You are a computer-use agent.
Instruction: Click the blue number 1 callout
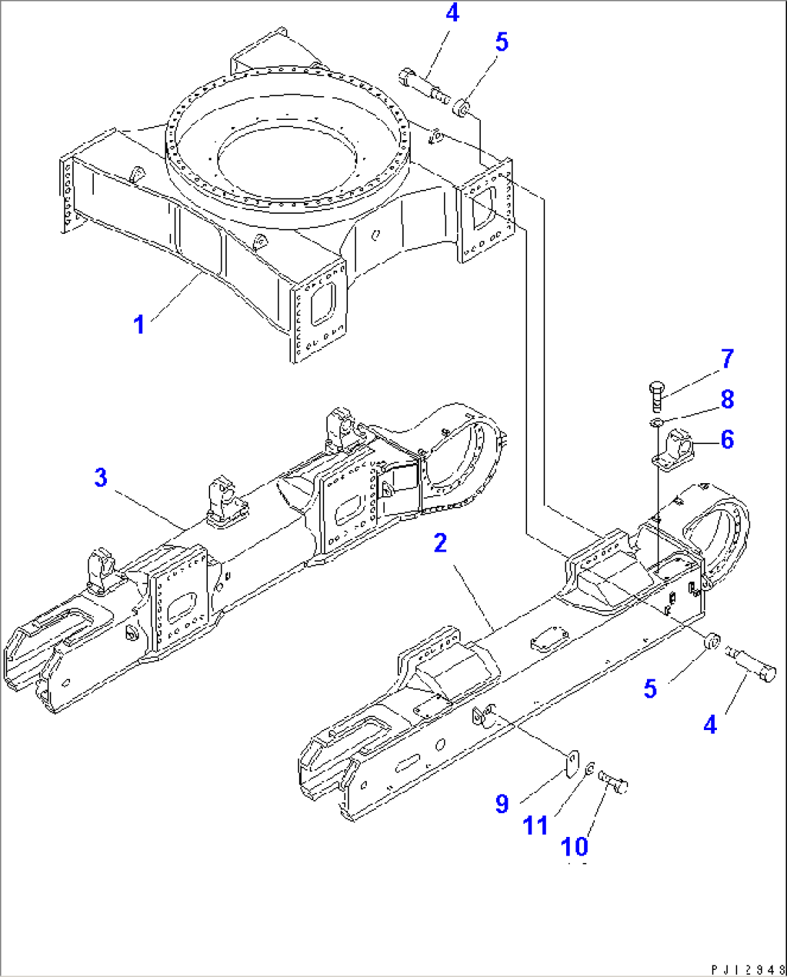[x=140, y=324]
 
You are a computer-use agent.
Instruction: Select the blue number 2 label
[x=440, y=543]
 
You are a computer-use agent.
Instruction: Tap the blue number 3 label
[x=100, y=477]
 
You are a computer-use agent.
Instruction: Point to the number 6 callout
[x=726, y=439]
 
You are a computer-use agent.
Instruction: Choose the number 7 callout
[x=726, y=358]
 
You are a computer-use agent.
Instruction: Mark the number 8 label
[x=726, y=399]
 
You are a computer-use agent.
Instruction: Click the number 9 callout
[x=502, y=804]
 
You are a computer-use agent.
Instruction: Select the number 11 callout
[x=535, y=825]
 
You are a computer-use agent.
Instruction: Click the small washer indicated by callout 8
[x=656, y=422]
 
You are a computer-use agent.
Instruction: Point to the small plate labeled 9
[x=572, y=763]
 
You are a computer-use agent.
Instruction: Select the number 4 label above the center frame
[x=451, y=14]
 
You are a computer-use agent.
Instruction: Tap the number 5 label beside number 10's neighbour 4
[x=650, y=689]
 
